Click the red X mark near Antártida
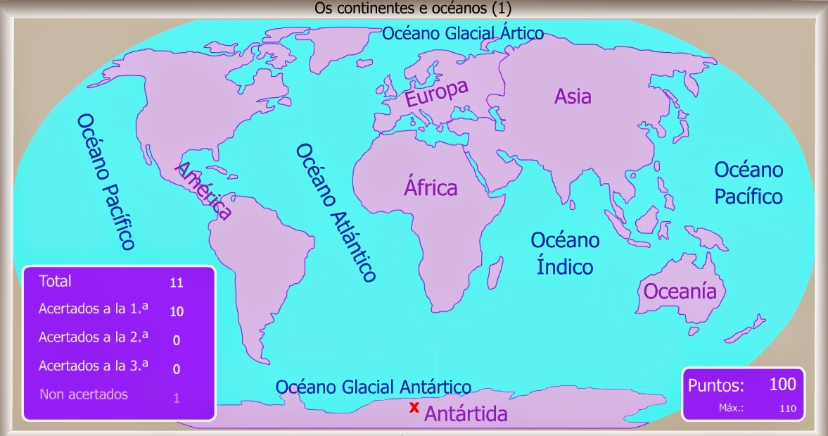click(414, 407)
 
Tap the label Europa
click(436, 94)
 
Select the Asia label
click(573, 96)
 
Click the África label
click(431, 187)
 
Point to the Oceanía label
click(680, 291)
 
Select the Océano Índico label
click(565, 254)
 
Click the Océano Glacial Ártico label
click(463, 33)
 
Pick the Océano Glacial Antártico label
click(373, 387)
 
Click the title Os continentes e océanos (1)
click(414, 8)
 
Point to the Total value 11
click(177, 283)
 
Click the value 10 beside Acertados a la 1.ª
click(177, 311)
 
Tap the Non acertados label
click(84, 394)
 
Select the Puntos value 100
click(782, 384)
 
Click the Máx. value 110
click(788, 408)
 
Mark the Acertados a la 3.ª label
click(94, 366)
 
